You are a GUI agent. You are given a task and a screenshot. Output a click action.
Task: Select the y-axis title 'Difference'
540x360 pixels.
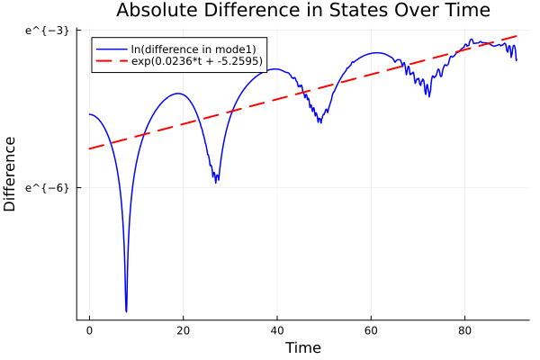click(10, 174)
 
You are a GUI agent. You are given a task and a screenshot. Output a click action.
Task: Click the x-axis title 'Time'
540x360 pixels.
click(302, 347)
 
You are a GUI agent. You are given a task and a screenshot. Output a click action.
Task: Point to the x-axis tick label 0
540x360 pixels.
click(89, 330)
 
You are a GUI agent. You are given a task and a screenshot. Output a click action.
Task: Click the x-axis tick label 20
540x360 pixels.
click(183, 330)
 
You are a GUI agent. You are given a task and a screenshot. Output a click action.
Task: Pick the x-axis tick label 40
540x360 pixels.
click(276, 330)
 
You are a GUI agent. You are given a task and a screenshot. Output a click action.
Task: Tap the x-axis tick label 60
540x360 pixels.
click(371, 330)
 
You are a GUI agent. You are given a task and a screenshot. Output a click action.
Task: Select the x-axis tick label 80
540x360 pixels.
click(464, 330)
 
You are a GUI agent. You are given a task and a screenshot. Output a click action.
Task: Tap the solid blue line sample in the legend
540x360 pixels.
click(112, 48)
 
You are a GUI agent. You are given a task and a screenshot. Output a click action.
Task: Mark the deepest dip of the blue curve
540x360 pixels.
click(127, 310)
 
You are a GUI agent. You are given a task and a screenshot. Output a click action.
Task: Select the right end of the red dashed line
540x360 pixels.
click(517, 36)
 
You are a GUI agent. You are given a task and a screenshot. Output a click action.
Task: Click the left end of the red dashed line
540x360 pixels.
click(89, 148)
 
